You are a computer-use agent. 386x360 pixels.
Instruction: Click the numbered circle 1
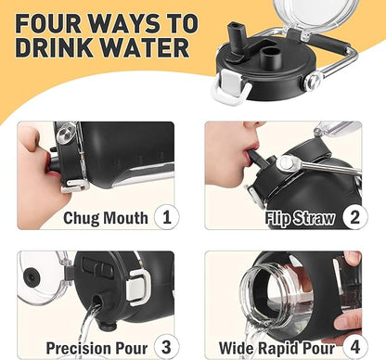click(167, 217)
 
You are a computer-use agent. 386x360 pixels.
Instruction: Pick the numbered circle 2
click(355, 217)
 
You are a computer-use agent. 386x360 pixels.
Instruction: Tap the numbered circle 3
click(167, 347)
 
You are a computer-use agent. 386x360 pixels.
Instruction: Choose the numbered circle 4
click(355, 347)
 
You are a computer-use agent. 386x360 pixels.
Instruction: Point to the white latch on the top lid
click(231, 86)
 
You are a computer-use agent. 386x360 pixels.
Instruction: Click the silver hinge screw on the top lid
click(313, 81)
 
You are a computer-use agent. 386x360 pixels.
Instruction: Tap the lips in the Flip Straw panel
click(250, 149)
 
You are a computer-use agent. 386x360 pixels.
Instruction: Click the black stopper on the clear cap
click(32, 275)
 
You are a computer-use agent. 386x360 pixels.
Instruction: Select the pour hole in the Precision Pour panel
click(97, 301)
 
